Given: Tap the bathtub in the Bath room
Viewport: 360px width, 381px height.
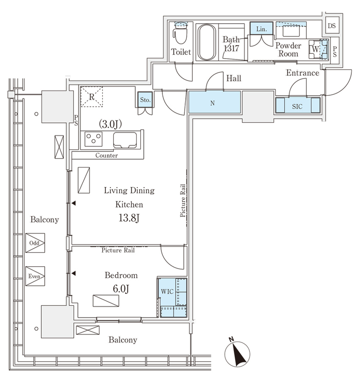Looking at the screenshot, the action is click(x=207, y=42).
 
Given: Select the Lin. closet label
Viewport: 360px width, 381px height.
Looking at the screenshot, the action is click(x=261, y=29).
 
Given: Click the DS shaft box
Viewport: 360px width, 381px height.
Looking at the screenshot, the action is click(x=332, y=26).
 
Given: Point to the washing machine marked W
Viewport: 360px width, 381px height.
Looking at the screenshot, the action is click(x=318, y=49).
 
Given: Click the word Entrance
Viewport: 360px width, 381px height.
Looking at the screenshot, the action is click(x=302, y=73).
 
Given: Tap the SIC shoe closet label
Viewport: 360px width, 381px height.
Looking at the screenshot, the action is click(x=297, y=106).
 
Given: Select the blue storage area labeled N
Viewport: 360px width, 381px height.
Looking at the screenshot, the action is click(x=215, y=102).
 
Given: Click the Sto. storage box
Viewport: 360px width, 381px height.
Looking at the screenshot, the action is click(x=145, y=100).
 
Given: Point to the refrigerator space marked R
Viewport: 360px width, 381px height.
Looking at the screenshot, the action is click(x=91, y=97).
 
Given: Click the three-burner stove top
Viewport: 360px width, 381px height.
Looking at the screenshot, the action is click(x=93, y=139).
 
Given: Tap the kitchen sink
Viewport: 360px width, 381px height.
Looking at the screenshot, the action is click(x=125, y=140).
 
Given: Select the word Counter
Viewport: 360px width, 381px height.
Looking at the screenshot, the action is click(x=106, y=155).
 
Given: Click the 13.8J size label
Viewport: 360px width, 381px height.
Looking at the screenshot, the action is click(x=129, y=218).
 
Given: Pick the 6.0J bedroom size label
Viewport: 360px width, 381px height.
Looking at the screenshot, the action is click(x=121, y=289).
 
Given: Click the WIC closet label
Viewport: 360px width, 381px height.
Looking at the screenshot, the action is click(x=167, y=291).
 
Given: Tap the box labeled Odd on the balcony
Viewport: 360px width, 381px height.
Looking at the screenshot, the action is click(x=35, y=243).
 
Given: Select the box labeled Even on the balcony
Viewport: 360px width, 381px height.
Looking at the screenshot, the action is click(x=35, y=276).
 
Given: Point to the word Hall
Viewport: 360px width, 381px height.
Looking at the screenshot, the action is click(x=234, y=78).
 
